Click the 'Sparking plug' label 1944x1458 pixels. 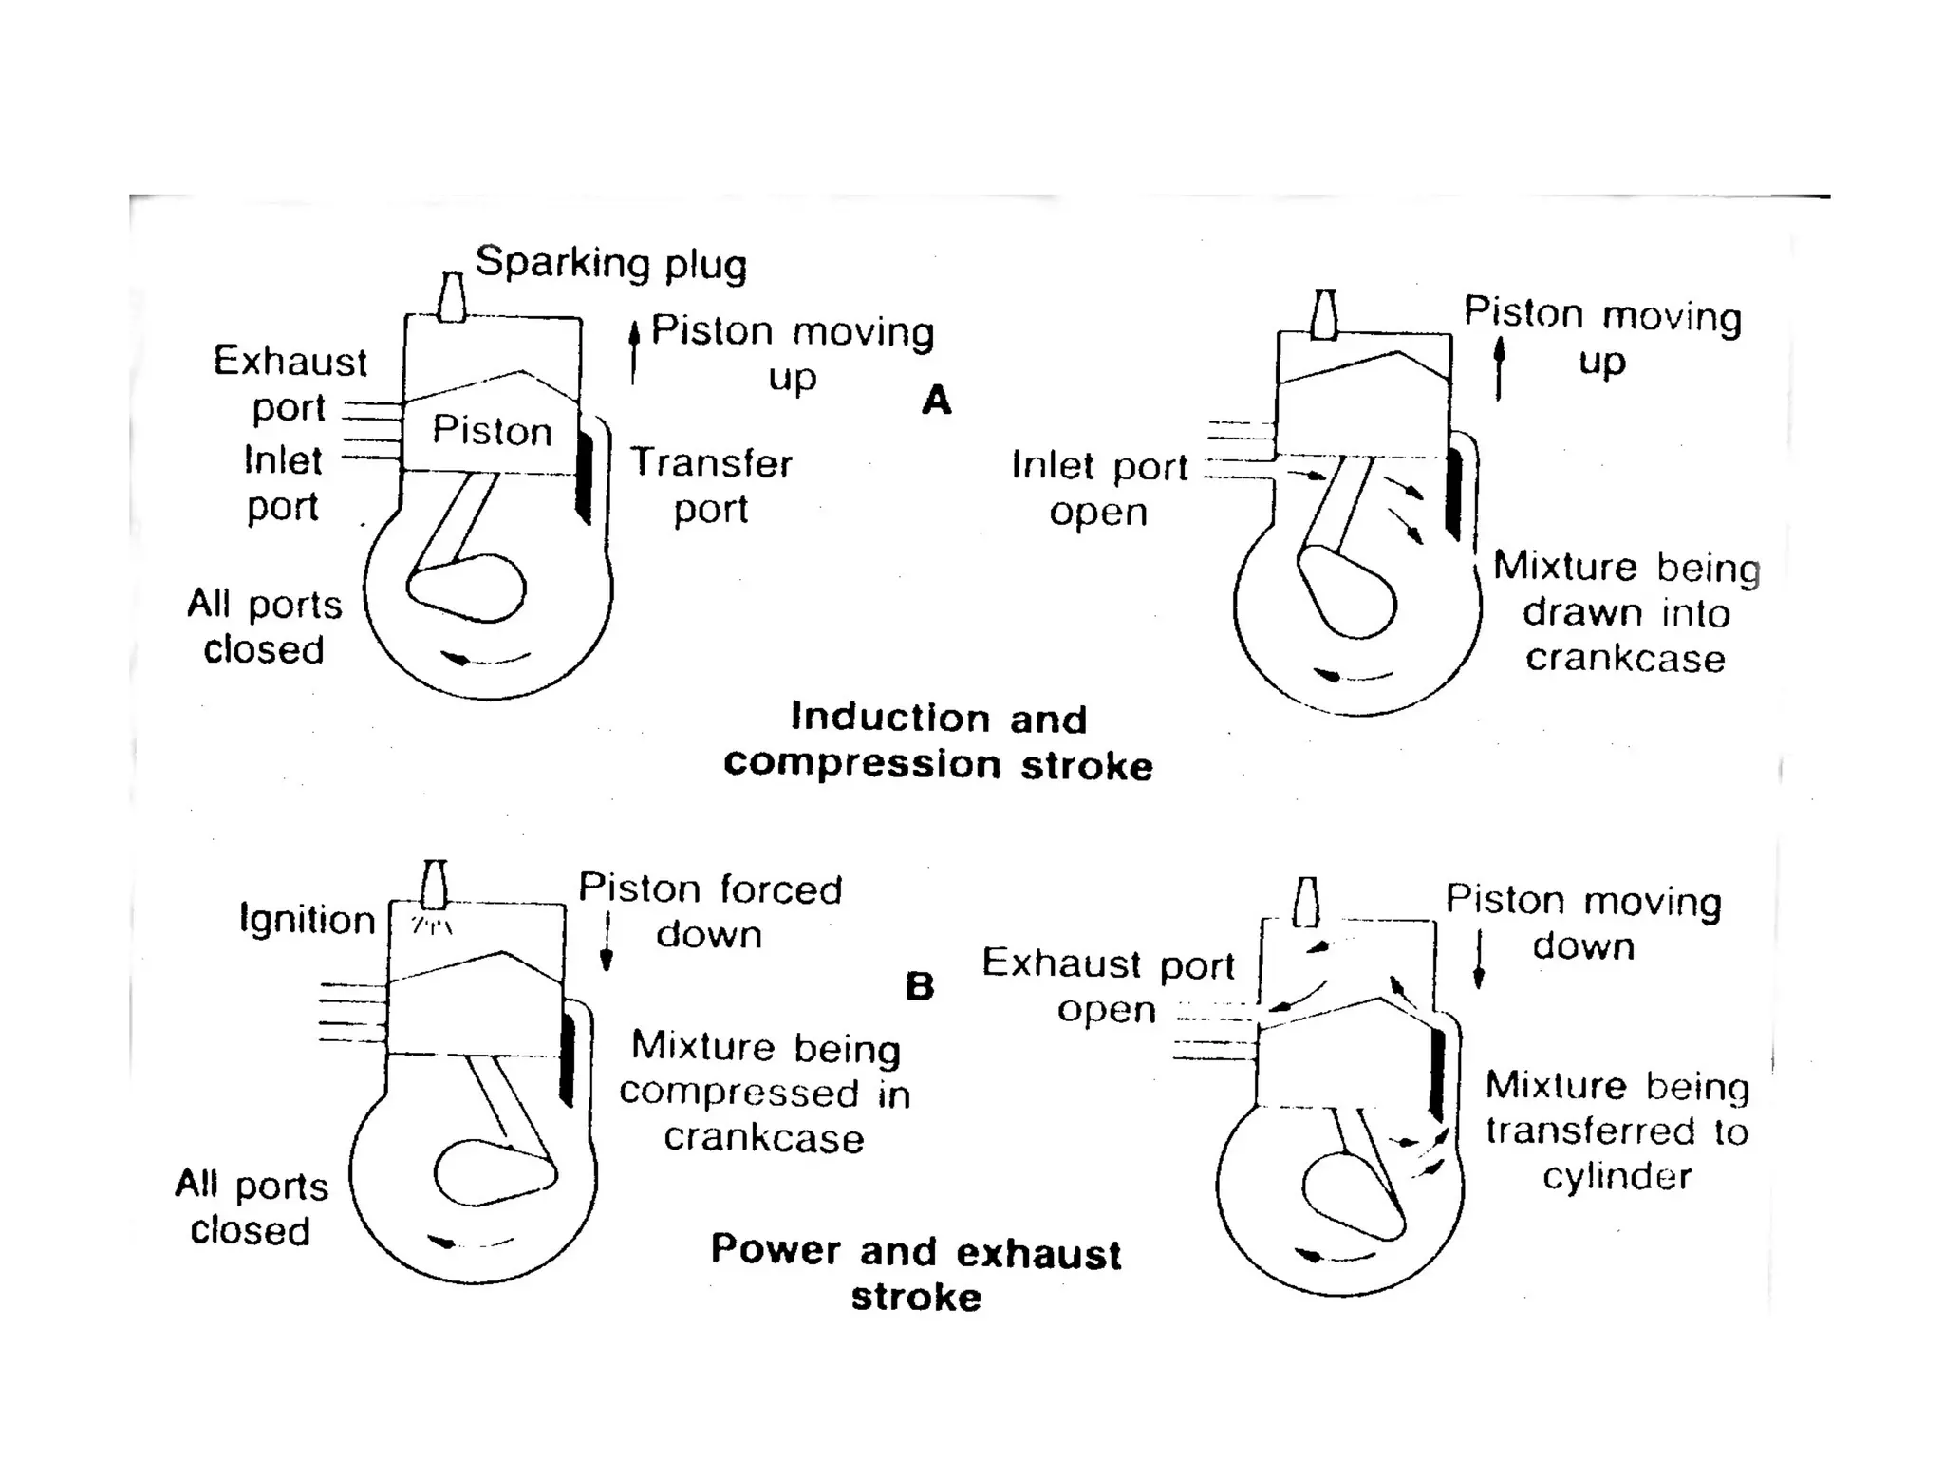[x=610, y=263]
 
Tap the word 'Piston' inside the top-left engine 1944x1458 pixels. [x=492, y=431]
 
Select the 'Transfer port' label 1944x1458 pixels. [x=711, y=486]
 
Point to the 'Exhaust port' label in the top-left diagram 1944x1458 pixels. [x=290, y=384]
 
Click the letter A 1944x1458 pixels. [x=936, y=401]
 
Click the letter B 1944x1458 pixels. [x=920, y=987]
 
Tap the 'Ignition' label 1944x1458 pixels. [x=308, y=919]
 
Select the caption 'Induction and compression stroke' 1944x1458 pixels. [x=938, y=741]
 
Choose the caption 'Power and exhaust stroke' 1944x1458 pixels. [x=916, y=1273]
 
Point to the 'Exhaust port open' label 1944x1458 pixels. [x=1108, y=986]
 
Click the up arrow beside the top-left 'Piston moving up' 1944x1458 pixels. [x=634, y=351]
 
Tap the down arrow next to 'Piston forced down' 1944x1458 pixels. [x=607, y=944]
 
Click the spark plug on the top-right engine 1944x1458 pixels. [x=1324, y=314]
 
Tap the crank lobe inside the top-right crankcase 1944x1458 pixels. [x=1348, y=592]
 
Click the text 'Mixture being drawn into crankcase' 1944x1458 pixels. [x=1626, y=612]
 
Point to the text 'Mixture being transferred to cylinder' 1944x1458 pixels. [x=1617, y=1131]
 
